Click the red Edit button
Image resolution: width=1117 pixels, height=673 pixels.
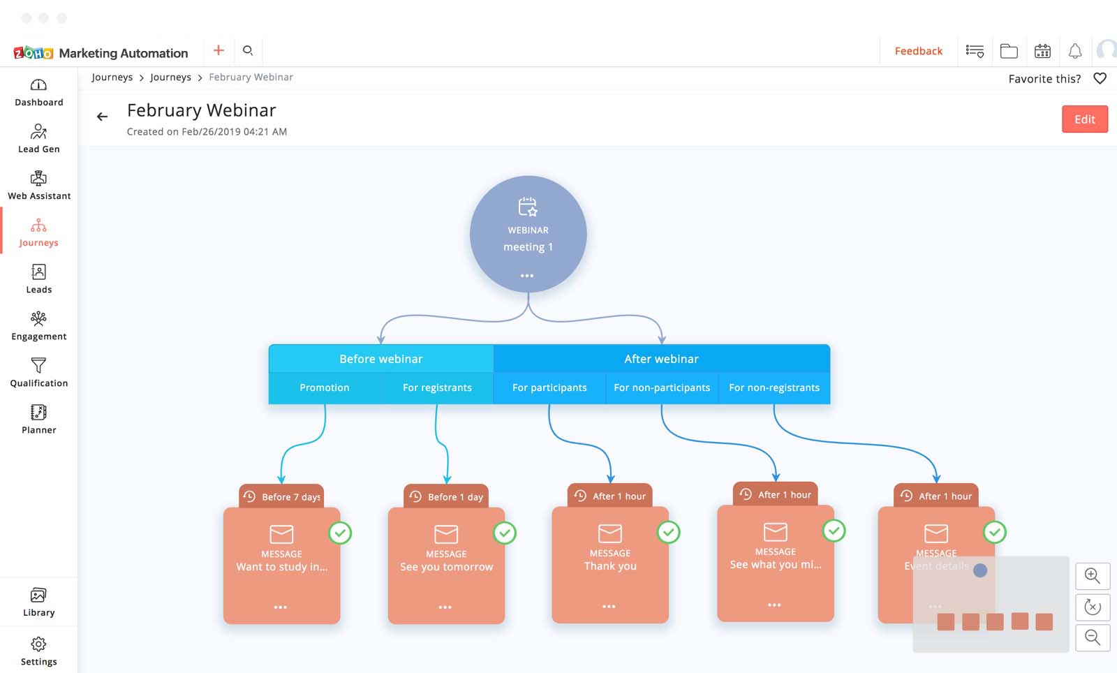tap(1084, 119)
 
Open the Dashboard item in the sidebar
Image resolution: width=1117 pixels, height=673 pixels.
tap(39, 93)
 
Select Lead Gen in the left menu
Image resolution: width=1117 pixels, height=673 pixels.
tap(39, 139)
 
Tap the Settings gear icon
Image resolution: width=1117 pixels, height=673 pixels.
tap(38, 644)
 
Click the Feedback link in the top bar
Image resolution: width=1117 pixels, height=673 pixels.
tap(918, 51)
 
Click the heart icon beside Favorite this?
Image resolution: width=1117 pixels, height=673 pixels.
tap(1100, 78)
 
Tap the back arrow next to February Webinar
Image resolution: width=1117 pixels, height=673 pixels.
tap(103, 117)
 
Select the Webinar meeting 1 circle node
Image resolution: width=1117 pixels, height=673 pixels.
tap(528, 234)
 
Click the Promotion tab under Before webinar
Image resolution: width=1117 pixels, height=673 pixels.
tap(325, 387)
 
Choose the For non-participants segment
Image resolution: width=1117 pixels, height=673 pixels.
tap(662, 387)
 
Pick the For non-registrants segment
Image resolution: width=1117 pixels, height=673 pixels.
tap(774, 387)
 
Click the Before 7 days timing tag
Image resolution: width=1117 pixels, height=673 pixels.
tap(282, 496)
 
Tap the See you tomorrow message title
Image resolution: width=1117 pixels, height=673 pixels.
tap(446, 567)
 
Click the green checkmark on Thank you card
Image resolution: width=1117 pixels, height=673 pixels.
tap(668, 533)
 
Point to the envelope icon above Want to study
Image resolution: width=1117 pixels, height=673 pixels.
tap(281, 534)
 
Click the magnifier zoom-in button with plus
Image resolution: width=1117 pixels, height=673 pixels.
tap(1093, 576)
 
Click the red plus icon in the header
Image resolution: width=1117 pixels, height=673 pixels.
tap(219, 50)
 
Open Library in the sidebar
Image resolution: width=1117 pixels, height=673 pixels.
tap(38, 602)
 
